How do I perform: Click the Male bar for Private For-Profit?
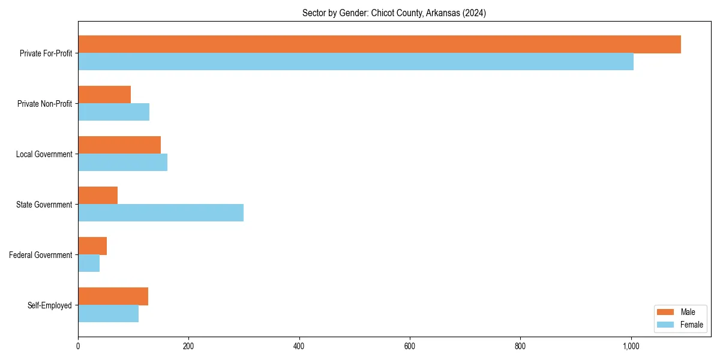pyautogui.click(x=379, y=44)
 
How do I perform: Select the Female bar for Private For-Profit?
pyautogui.click(x=356, y=62)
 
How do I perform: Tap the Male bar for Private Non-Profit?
pyautogui.click(x=104, y=95)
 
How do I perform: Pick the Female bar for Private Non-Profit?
pyautogui.click(x=113, y=112)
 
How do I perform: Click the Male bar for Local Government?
pyautogui.click(x=119, y=145)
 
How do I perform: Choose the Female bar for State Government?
pyautogui.click(x=161, y=213)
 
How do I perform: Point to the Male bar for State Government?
pyautogui.click(x=98, y=196)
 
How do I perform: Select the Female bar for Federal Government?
pyautogui.click(x=89, y=263)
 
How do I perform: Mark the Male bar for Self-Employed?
pyautogui.click(x=113, y=296)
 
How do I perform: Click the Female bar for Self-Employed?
pyautogui.click(x=108, y=314)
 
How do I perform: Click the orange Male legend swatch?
pyautogui.click(x=666, y=312)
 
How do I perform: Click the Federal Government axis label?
pyautogui.click(x=41, y=255)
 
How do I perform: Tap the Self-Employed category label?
pyautogui.click(x=50, y=305)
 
